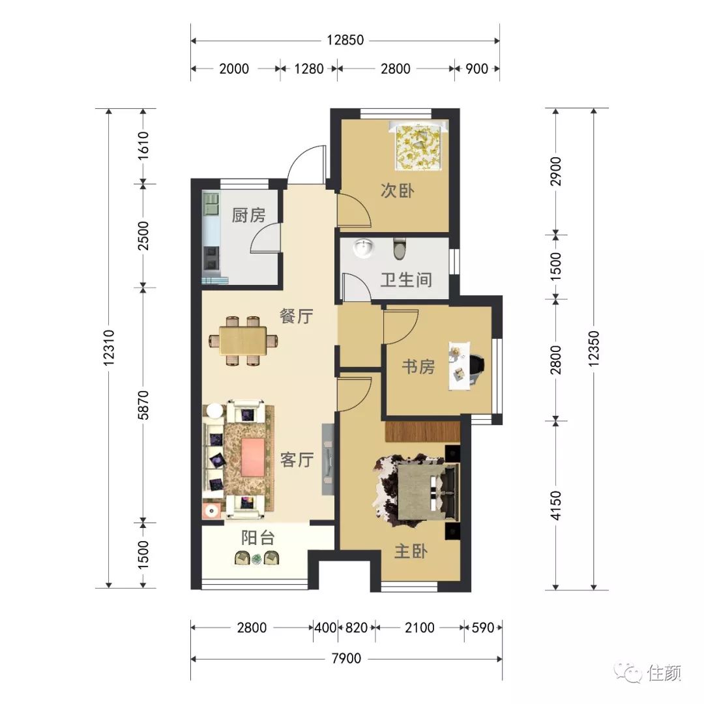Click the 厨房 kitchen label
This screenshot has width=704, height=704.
tap(248, 215)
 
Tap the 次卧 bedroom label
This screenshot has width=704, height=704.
tap(398, 190)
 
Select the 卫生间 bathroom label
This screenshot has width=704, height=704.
tap(406, 280)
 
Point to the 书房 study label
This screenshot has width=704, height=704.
tap(418, 367)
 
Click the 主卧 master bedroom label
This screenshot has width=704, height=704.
tap(411, 551)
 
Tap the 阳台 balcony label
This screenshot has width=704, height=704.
tap(257, 537)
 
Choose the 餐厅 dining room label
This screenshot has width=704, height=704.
tap(297, 316)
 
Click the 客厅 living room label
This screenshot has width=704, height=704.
tap(297, 460)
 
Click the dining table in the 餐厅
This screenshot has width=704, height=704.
tap(243, 341)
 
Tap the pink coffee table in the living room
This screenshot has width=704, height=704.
tap(253, 457)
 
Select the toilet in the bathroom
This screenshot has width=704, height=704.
tap(399, 249)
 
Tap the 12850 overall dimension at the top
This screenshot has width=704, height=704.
tap(345, 40)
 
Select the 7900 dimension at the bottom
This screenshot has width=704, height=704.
tap(346, 658)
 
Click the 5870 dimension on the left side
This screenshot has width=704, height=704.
tap(143, 405)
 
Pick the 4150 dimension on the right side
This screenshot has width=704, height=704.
tap(556, 506)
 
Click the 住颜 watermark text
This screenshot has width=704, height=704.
tap(664, 673)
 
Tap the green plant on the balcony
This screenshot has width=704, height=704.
tap(256, 559)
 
